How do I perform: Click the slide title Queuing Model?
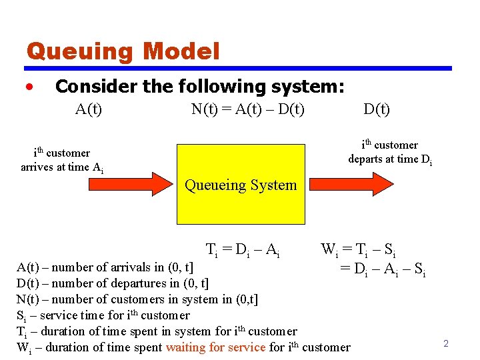[123, 51]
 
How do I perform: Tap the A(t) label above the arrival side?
[88, 109]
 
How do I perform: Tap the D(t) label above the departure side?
[377, 109]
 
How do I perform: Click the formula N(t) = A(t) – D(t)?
[247, 109]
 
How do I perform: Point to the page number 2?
[446, 343]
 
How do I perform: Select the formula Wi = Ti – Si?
[358, 251]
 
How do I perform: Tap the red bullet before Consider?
[29, 87]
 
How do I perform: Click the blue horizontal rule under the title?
[238, 68]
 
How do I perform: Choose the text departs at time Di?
[390, 159]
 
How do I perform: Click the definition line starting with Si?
[103, 315]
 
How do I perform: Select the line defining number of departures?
[112, 283]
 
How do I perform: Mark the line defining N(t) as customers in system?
[137, 299]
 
